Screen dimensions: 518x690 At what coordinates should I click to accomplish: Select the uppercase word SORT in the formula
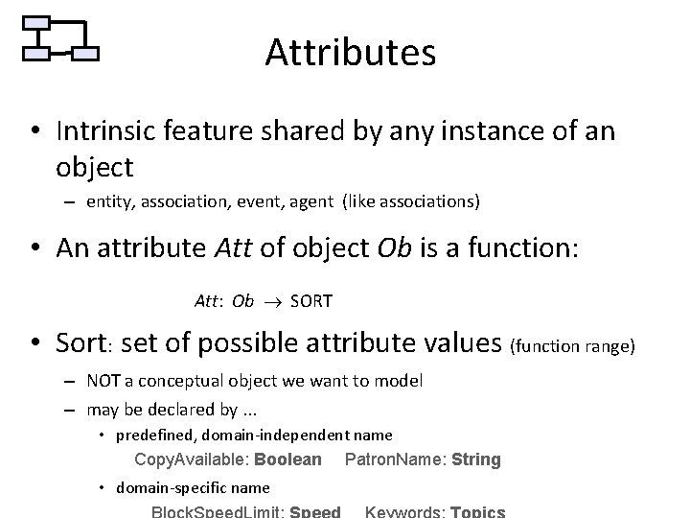coord(310,302)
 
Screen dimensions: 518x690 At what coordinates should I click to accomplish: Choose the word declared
coord(179,410)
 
